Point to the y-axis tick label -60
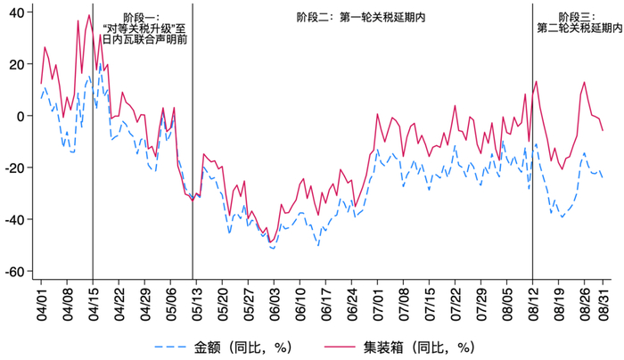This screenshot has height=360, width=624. (x=15, y=272)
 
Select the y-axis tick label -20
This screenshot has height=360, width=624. (x=15, y=168)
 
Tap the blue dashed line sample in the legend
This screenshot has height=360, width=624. (x=170, y=346)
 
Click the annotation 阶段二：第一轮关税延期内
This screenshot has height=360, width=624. (x=360, y=17)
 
